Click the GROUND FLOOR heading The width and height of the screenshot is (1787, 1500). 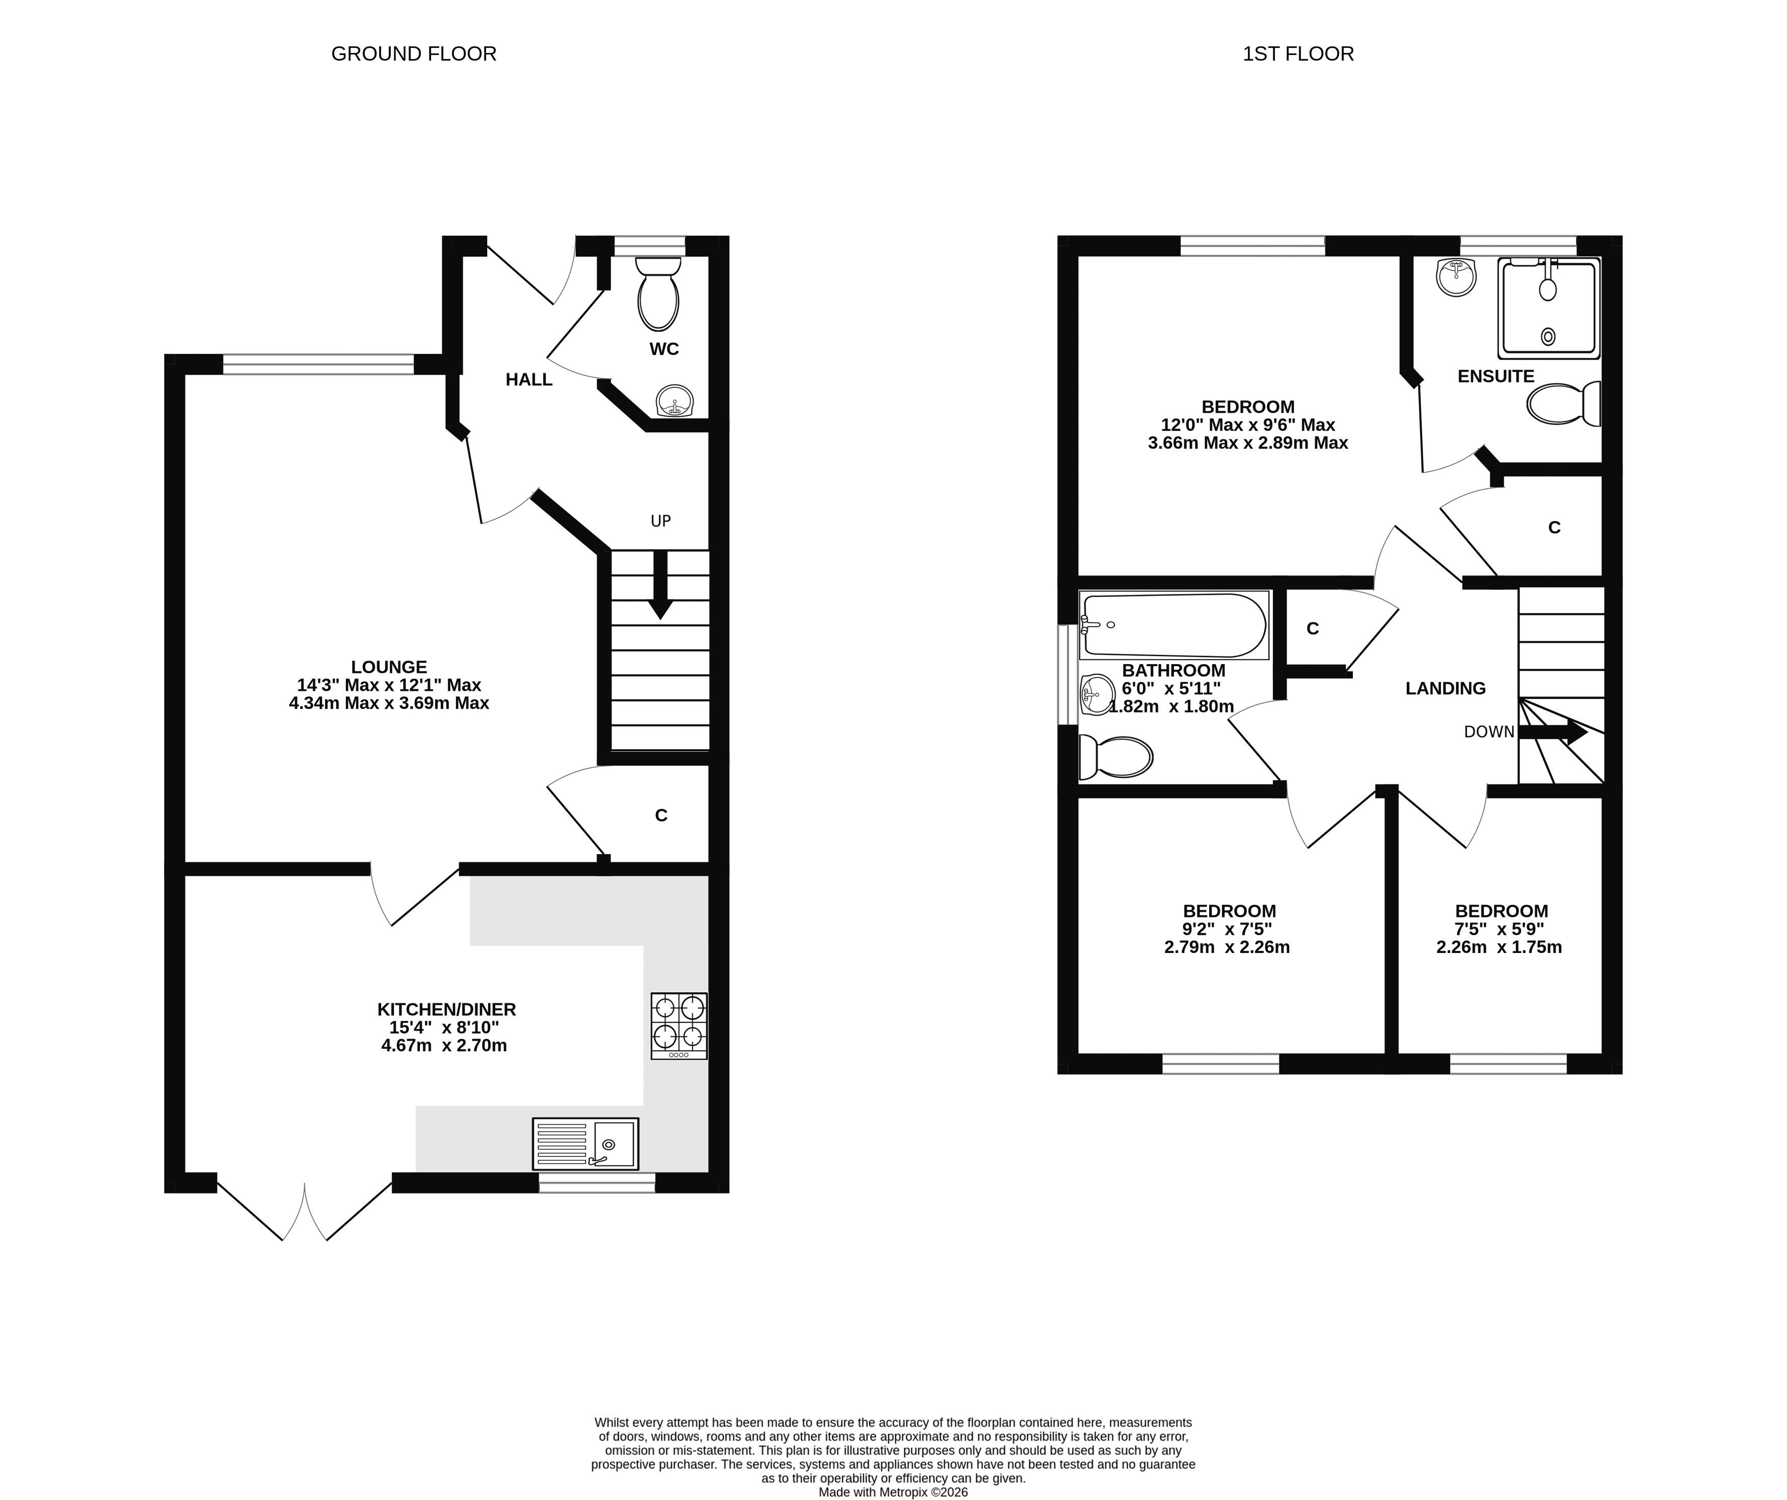pos(414,53)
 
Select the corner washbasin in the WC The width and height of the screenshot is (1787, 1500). pos(675,401)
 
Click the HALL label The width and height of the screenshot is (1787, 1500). pos(528,379)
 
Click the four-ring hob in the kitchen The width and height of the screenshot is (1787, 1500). pos(678,1025)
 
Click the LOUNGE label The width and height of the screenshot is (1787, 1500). pos(389,667)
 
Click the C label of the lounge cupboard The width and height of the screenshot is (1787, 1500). pos(660,815)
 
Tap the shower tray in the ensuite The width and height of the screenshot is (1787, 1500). pos(1548,308)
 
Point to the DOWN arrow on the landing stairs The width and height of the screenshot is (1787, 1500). pos(1554,732)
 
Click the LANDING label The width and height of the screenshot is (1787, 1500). pos(1445,688)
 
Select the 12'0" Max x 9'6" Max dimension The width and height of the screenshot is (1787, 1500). pos(1247,425)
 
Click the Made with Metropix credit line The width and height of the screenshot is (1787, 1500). pos(893,1492)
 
